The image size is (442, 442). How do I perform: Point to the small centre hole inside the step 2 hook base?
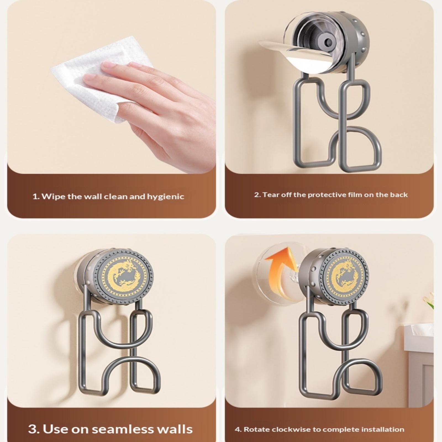click(328, 42)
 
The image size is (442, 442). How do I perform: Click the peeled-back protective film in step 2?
click(298, 55)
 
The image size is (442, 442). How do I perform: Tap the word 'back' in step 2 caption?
click(399, 195)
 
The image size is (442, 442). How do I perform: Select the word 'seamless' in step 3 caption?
click(122, 429)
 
